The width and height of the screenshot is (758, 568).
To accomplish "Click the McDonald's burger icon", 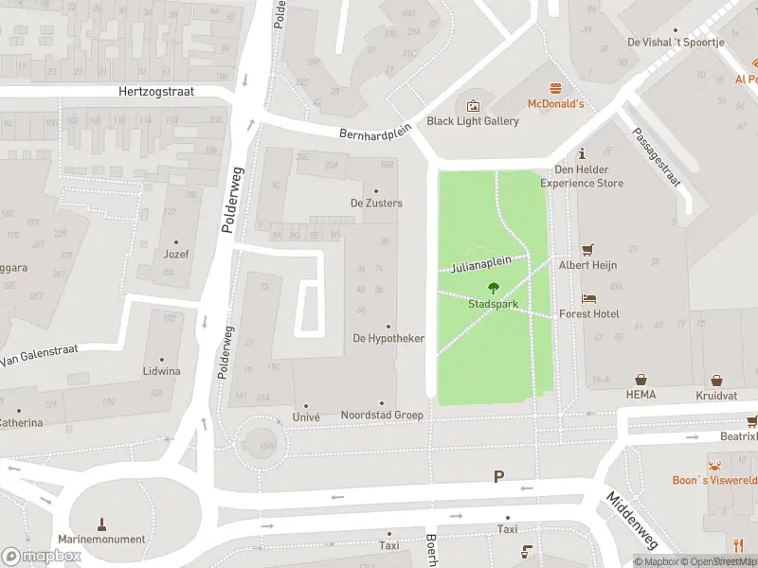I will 555,86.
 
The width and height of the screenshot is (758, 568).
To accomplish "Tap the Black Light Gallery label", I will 473,121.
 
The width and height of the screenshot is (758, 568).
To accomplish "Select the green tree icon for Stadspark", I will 493,288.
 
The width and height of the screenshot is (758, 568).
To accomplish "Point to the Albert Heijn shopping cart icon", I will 587,249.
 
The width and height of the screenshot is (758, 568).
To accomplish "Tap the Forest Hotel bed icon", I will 588,298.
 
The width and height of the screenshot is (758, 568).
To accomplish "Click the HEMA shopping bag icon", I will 641,378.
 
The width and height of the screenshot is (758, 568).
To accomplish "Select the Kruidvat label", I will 715,394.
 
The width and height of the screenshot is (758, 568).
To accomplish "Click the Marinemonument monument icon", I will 102,524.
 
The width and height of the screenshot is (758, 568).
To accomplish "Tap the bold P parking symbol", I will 498,476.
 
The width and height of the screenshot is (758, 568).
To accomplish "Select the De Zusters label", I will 376,204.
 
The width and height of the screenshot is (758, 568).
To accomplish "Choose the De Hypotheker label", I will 388,338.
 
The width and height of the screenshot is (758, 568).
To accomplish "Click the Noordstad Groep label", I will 382,416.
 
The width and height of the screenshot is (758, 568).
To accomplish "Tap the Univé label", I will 306,416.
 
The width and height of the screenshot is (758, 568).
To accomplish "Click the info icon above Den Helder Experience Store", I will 582,153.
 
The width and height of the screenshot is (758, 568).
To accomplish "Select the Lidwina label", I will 161,371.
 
